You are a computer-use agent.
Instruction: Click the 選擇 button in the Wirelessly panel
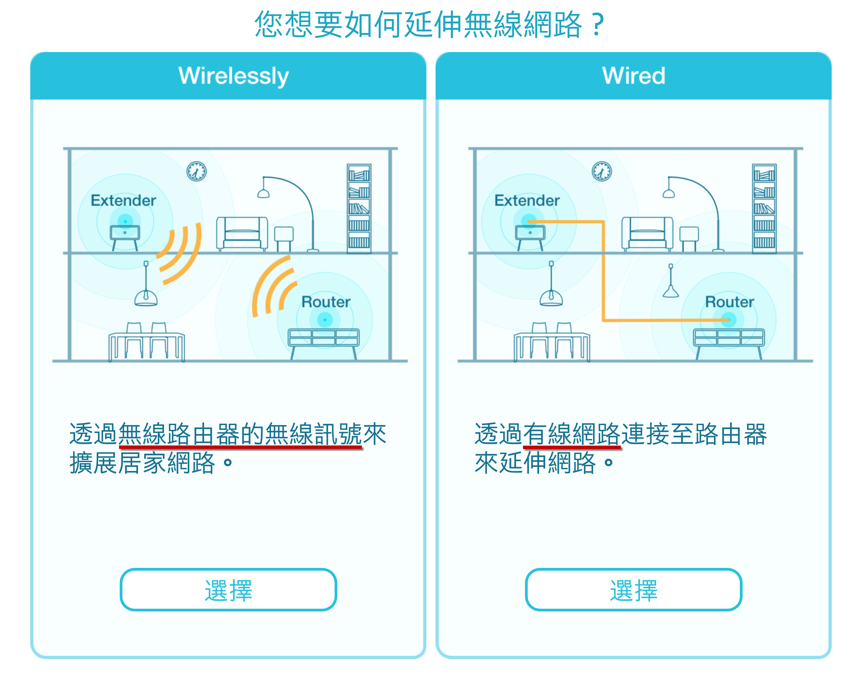pyautogui.click(x=228, y=589)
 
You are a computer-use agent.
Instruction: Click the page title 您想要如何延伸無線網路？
pyautogui.click(x=430, y=24)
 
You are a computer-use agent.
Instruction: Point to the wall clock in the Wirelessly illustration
pyautogui.click(x=197, y=171)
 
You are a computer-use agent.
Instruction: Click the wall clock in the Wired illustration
pyautogui.click(x=601, y=171)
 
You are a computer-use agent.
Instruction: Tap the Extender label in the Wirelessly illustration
pyautogui.click(x=123, y=200)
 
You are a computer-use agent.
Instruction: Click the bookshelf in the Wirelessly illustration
pyautogui.click(x=359, y=208)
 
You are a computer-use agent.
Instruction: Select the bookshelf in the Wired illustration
pyautogui.click(x=764, y=208)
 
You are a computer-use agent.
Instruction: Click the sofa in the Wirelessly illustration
pyautogui.click(x=242, y=234)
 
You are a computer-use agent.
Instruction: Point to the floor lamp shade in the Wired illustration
pyautogui.click(x=668, y=193)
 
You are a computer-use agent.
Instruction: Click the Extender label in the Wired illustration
pyautogui.click(x=527, y=200)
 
